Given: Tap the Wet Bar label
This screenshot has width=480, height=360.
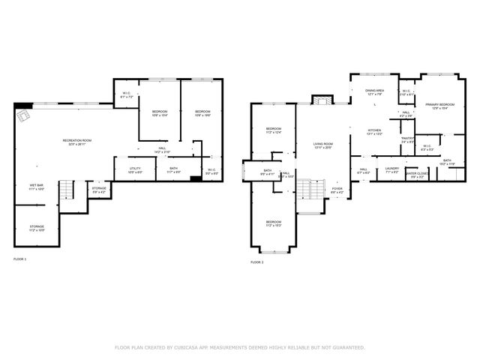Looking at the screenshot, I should tap(36, 187).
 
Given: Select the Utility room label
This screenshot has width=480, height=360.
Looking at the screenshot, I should tap(135, 169).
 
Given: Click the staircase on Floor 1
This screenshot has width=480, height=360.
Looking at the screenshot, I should tap(67, 190).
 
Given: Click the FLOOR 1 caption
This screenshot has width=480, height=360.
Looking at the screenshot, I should tap(19, 259).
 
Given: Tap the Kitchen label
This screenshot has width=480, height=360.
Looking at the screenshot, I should tap(375, 132).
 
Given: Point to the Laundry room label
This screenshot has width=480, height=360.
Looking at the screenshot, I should tap(391, 170).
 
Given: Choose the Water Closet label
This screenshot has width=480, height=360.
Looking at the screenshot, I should tap(416, 175).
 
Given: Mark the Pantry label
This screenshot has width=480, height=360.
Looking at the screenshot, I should tap(408, 139).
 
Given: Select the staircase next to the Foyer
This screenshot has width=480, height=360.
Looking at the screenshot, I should tap(305, 190).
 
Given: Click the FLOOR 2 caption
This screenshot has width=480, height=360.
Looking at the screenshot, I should tap(256, 262).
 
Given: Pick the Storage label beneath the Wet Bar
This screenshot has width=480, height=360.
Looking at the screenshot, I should tap(37, 228).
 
